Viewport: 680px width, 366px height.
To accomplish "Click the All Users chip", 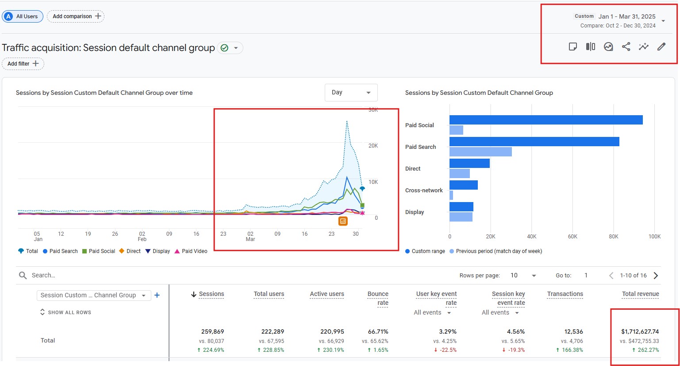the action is click(23, 16).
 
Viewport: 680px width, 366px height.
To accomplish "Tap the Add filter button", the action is click(23, 64).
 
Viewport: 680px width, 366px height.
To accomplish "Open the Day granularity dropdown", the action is click(351, 93).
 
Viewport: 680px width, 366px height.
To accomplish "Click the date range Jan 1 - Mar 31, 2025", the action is click(626, 16).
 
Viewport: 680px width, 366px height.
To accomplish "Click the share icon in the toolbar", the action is click(626, 47).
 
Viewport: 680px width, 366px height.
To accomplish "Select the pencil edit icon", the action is click(661, 47).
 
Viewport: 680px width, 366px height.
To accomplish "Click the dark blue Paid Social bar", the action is click(546, 120).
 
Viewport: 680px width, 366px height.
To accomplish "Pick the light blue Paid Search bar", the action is click(480, 152).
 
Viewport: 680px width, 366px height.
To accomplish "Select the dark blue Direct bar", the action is click(469, 163).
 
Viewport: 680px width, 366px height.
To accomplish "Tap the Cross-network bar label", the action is click(424, 190).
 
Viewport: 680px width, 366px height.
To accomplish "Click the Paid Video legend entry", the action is click(191, 251).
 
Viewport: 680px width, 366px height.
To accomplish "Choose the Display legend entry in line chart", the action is click(158, 251).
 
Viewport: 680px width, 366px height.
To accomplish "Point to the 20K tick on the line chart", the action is click(373, 146).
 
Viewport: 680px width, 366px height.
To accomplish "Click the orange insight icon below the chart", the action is click(343, 221).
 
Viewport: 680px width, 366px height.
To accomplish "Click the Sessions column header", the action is click(211, 294).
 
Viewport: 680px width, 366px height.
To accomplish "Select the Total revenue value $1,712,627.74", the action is click(640, 331).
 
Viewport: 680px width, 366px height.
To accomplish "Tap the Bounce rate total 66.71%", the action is click(378, 331).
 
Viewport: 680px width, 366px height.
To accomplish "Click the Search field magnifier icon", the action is click(23, 276).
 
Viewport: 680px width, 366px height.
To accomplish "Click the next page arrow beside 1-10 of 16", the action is click(656, 276).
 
